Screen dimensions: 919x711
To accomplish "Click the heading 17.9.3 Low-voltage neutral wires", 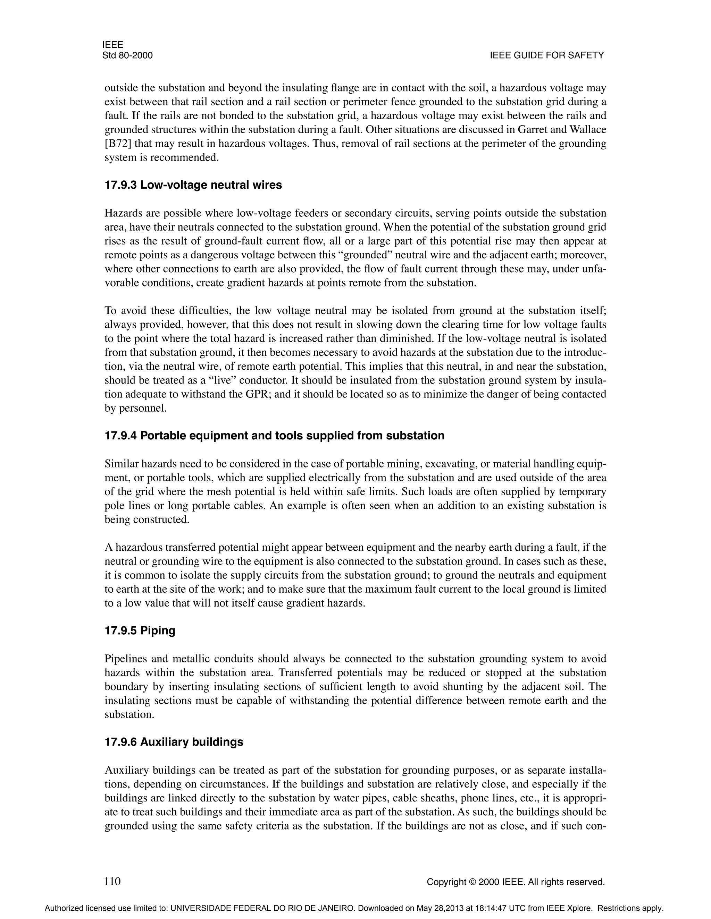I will click(x=193, y=185).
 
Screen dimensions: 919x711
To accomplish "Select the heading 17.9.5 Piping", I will click(x=140, y=631).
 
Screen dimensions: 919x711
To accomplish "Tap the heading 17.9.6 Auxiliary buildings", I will click(x=174, y=742).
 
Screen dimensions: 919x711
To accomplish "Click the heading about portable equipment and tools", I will click(x=274, y=436).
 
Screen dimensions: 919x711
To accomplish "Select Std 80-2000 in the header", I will click(x=127, y=55).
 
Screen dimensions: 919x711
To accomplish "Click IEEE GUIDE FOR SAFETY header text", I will click(x=547, y=55).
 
